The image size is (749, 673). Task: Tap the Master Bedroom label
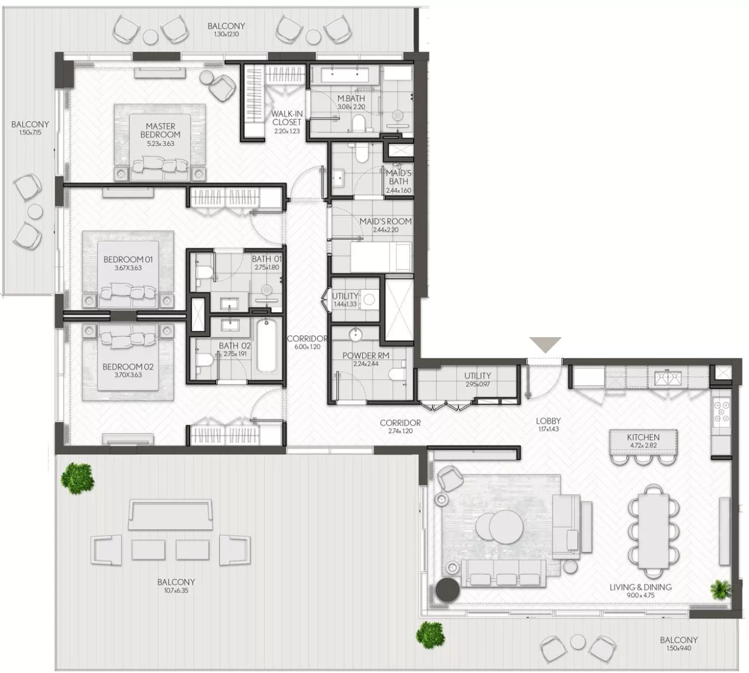pyautogui.click(x=161, y=130)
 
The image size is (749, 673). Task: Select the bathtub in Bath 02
pyautogui.click(x=266, y=346)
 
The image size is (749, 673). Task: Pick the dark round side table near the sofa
pyautogui.click(x=447, y=590)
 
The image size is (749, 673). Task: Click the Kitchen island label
pyautogui.click(x=643, y=437)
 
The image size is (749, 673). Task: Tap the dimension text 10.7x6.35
pyautogui.click(x=176, y=591)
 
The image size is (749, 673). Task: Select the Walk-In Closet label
pyautogui.click(x=287, y=118)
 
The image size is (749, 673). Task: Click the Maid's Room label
pyautogui.click(x=386, y=221)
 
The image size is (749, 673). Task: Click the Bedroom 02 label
pyautogui.click(x=128, y=367)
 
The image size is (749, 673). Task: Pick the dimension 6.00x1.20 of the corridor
pyautogui.click(x=307, y=347)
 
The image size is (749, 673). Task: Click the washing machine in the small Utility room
pyautogui.click(x=368, y=299)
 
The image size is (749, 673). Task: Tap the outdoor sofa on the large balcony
pyautogui.click(x=170, y=514)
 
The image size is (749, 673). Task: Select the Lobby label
pyautogui.click(x=549, y=421)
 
